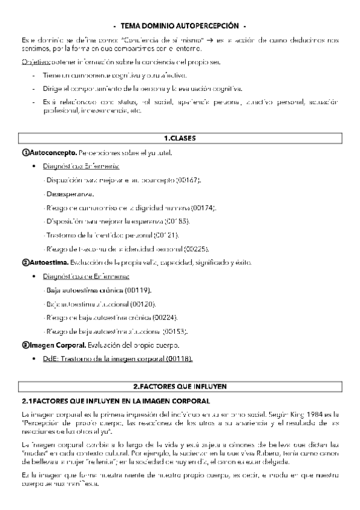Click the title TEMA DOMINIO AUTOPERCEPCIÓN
[x=180, y=26]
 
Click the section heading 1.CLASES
[x=180, y=138]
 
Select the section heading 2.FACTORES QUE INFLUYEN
[x=180, y=386]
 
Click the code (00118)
[x=180, y=358]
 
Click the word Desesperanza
[x=69, y=194]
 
